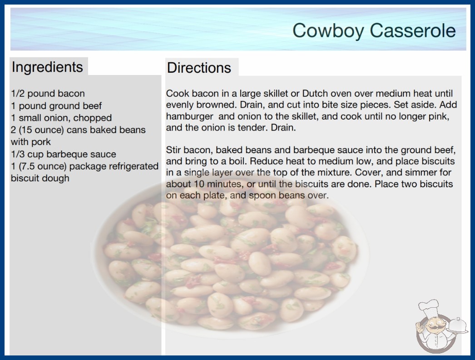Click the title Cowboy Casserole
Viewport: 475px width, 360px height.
pos(374,30)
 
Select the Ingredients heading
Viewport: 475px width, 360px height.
pos(47,67)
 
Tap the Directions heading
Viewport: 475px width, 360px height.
pos(199,68)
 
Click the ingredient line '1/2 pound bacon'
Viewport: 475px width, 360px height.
pos(48,94)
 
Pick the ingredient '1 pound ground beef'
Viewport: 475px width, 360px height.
pos(56,105)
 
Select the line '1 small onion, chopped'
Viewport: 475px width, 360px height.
pos(61,118)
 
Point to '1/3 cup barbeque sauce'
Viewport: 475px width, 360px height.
pos(64,154)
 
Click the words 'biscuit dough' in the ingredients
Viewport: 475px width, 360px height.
pos(40,178)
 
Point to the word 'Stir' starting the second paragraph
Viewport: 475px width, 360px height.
pos(173,150)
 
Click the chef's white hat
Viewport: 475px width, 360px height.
pos(429,308)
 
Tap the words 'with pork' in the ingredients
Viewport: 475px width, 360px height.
pos(31,142)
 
